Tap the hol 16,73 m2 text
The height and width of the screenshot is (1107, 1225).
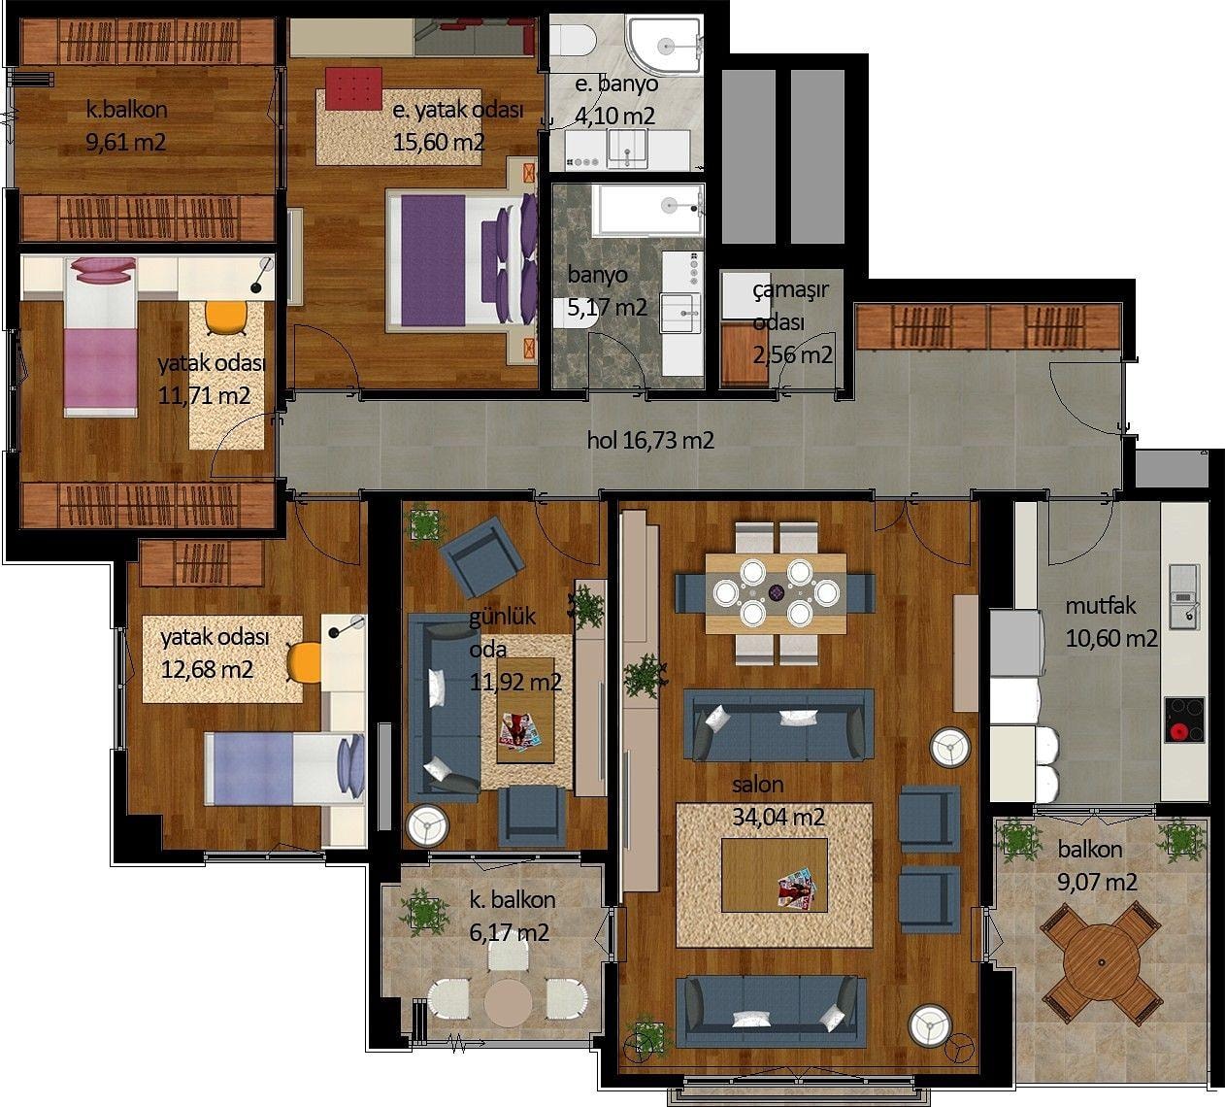point(650,440)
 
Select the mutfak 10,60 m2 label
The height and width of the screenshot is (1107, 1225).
point(1111,621)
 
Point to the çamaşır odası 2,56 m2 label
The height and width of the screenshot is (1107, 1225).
point(792,322)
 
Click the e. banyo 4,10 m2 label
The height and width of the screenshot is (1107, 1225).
point(615,100)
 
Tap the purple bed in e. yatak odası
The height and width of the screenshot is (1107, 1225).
point(462,260)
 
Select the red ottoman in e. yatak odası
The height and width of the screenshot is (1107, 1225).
point(353,88)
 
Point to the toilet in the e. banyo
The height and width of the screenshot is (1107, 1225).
point(574,40)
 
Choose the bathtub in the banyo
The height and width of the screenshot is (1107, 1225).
point(647,210)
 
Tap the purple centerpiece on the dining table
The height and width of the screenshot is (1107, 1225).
point(777,592)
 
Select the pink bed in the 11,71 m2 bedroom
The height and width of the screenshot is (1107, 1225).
point(101,337)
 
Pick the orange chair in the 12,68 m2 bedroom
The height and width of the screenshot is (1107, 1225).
point(304,662)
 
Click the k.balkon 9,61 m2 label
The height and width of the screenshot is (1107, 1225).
point(126,126)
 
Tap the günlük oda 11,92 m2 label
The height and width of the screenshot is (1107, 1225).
point(514,649)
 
